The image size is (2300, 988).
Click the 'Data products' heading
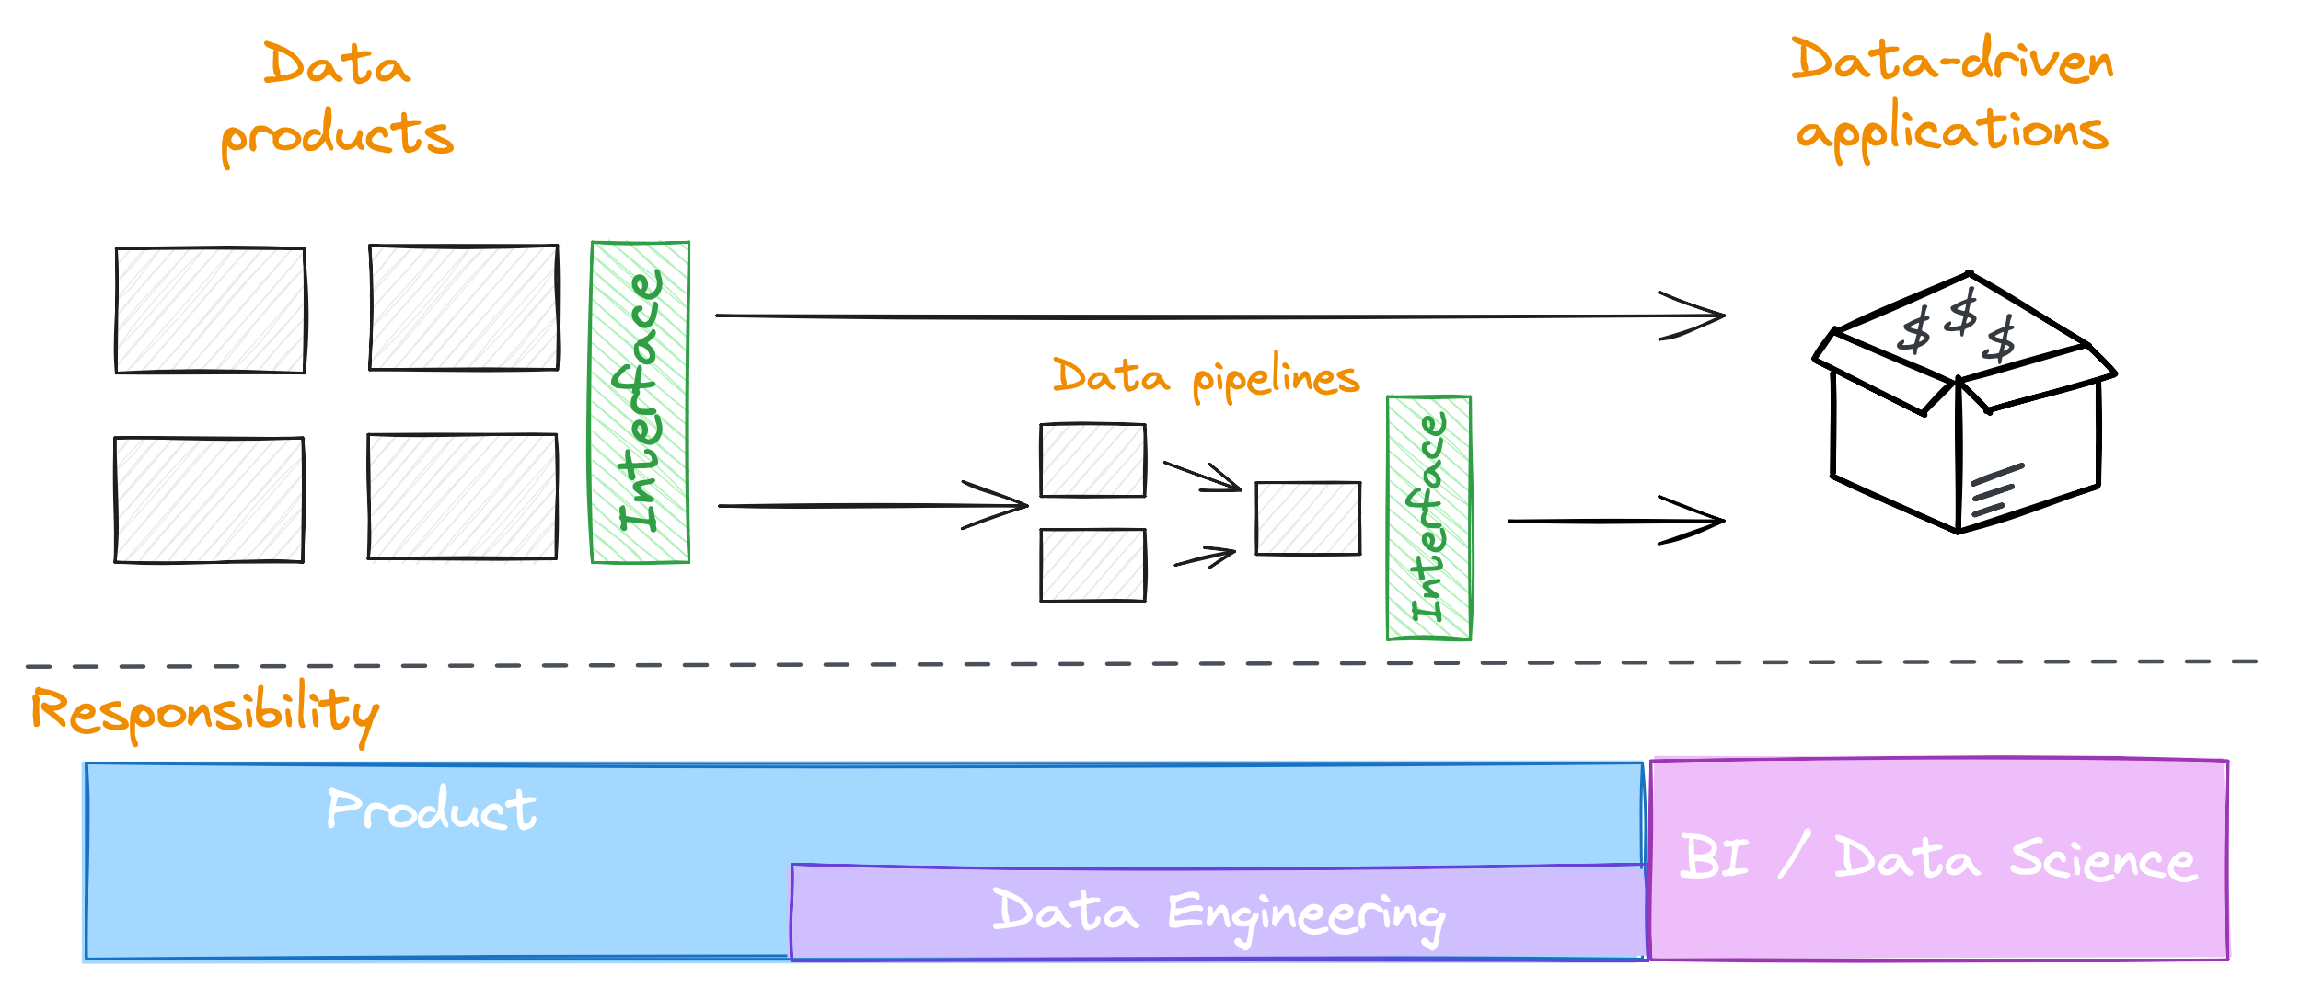pyautogui.click(x=337, y=101)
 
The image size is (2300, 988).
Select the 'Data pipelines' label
pyautogui.click(x=1206, y=376)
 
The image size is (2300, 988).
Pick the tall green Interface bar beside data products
pyautogui.click(x=640, y=402)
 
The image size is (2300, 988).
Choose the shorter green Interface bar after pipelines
pyautogui.click(x=1428, y=518)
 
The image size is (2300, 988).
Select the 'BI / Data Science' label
pyautogui.click(x=1938, y=858)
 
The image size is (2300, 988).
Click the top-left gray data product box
pyautogui.click(x=210, y=310)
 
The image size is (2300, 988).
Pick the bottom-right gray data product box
pyautogui.click(x=462, y=497)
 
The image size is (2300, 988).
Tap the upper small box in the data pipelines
pyautogui.click(x=1092, y=460)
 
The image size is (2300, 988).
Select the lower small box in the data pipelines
pyautogui.click(x=1092, y=565)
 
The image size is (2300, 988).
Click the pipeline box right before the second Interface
pyautogui.click(x=1308, y=518)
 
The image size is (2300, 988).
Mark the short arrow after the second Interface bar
pyautogui.click(x=1615, y=521)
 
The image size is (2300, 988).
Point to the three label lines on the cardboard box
pyautogui.click(x=1995, y=490)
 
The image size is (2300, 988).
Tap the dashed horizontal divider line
pyautogui.click(x=1141, y=663)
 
